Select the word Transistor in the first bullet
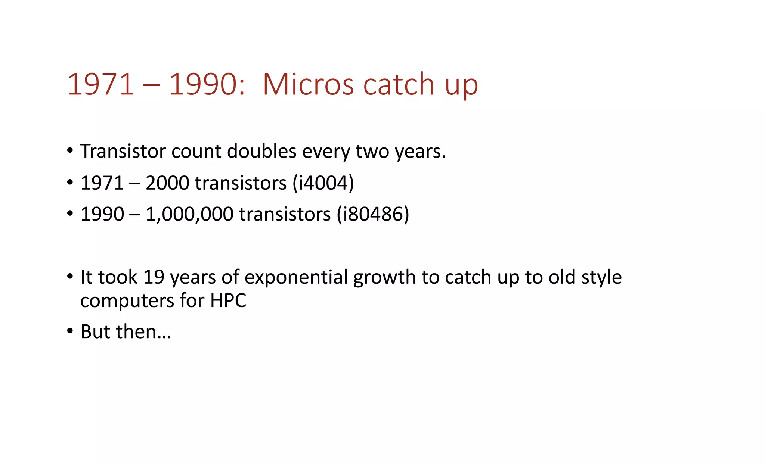(x=123, y=151)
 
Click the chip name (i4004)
(x=323, y=183)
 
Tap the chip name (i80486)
(x=373, y=214)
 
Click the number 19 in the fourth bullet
(x=154, y=277)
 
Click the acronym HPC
(x=228, y=300)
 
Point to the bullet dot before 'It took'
(x=70, y=277)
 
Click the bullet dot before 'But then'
(x=70, y=331)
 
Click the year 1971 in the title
(x=100, y=84)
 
